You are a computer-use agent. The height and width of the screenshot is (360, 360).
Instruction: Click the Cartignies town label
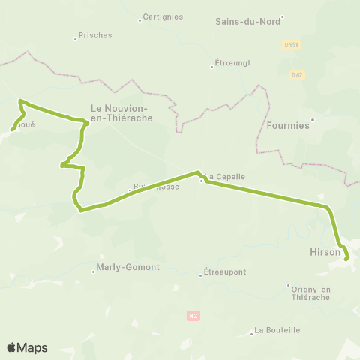click(x=164, y=16)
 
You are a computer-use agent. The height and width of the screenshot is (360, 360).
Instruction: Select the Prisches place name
click(x=96, y=35)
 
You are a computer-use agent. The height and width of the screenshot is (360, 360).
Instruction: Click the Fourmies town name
click(x=288, y=126)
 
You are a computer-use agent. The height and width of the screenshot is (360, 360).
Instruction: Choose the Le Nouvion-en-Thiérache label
click(x=121, y=112)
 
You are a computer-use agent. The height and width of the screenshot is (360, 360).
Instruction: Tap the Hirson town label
click(x=325, y=253)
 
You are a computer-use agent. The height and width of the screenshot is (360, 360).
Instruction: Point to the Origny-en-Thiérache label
click(x=310, y=292)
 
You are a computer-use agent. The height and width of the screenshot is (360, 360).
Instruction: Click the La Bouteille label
click(x=277, y=329)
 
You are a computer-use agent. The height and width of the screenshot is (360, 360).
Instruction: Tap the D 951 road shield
click(x=292, y=45)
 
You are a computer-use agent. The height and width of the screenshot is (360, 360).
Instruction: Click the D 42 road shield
click(x=298, y=74)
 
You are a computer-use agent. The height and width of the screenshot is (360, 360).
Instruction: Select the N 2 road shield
click(x=193, y=316)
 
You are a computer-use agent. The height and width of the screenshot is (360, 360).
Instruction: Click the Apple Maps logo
click(x=27, y=347)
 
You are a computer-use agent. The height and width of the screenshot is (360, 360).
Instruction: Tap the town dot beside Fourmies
click(x=313, y=119)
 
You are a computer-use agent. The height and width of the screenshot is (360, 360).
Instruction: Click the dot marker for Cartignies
click(x=140, y=19)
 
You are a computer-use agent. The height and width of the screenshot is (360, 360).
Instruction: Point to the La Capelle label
click(x=226, y=177)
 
